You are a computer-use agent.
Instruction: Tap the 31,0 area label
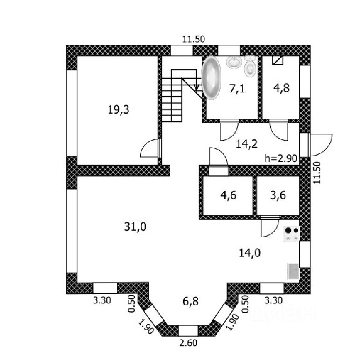pos(136,227)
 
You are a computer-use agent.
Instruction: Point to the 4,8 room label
pos(281,88)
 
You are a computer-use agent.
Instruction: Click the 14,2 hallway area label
pos(247,144)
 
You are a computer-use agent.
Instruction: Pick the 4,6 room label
pos(228,195)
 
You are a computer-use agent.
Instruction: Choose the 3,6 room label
pos(278,195)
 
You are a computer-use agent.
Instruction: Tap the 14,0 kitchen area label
pos(249,253)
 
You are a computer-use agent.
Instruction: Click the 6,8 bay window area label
pos(190,302)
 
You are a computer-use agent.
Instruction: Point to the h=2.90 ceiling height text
pos(281,158)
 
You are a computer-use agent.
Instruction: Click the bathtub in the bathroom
pos(212,78)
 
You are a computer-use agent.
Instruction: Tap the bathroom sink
pos(233,62)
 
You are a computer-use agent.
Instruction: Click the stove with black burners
pos(292,234)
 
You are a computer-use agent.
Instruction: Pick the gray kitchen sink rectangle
pos(293,271)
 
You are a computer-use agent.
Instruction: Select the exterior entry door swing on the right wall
pos(321,145)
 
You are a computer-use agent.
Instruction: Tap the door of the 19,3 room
pos(150,149)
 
